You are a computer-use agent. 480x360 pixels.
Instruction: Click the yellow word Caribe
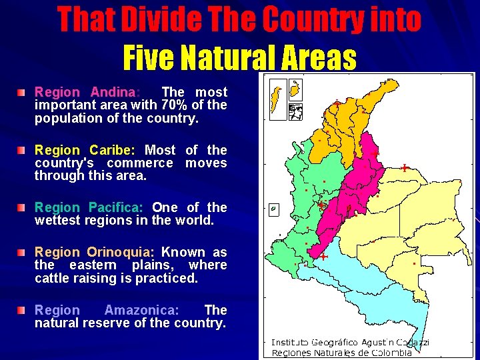(x=111, y=150)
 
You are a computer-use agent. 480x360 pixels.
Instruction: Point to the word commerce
(x=139, y=163)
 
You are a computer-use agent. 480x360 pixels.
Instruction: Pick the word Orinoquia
(x=120, y=252)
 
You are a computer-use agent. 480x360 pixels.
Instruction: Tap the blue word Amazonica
(x=141, y=310)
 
